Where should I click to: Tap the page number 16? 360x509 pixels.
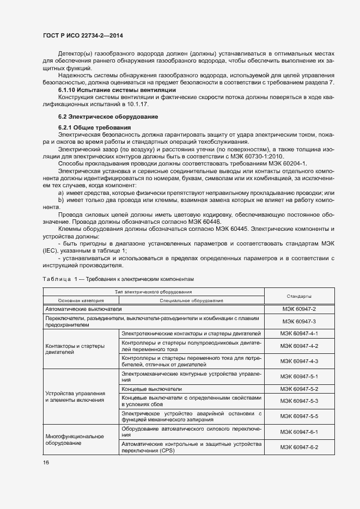tap(46, 462)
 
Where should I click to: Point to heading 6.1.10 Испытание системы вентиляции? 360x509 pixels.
tap(117, 89)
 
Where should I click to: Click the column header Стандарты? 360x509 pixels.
tap(298, 296)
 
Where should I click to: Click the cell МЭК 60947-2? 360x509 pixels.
tap(298, 309)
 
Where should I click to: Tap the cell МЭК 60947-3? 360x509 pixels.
tap(298, 321)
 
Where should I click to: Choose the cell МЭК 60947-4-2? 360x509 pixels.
tap(298, 346)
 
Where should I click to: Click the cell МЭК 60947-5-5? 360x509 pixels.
tap(298, 416)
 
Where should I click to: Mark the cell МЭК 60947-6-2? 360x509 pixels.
tap(298, 447)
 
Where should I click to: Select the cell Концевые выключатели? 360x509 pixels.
tap(152, 389)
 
